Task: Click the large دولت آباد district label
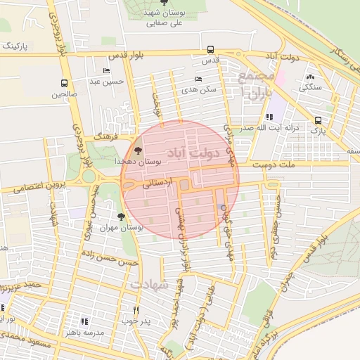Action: point(193,152)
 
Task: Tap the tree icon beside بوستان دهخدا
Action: point(137,150)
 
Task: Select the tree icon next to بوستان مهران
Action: point(122,217)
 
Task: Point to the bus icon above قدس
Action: point(211,50)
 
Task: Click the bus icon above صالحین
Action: point(65,83)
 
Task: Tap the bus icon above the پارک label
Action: point(319,120)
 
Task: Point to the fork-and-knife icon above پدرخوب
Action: point(136,310)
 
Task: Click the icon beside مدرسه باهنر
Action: point(86,321)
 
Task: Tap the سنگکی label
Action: point(311,88)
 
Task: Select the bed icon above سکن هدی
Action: point(198,79)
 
